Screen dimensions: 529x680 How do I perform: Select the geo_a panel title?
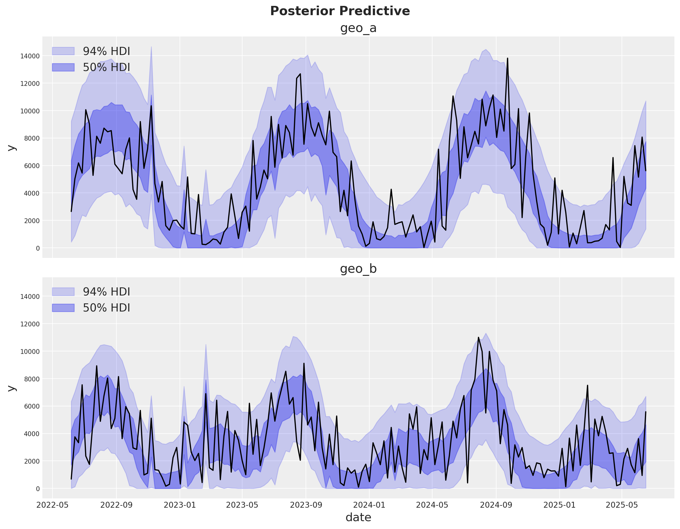[x=358, y=28]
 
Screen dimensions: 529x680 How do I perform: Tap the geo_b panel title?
[x=358, y=269]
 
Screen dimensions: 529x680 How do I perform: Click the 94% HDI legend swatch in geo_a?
[x=63, y=51]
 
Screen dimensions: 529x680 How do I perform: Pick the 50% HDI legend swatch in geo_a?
[x=63, y=67]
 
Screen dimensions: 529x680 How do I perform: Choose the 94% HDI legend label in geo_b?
[x=106, y=292]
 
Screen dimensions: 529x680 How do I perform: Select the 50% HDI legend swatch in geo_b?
[x=63, y=308]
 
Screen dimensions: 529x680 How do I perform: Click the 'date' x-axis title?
[x=358, y=517]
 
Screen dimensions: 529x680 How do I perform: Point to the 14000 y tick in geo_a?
[x=30, y=56]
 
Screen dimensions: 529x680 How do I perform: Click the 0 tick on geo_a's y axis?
[x=38, y=248]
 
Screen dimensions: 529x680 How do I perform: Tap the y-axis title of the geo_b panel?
[x=12, y=388]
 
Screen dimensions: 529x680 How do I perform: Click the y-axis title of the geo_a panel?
[x=12, y=148]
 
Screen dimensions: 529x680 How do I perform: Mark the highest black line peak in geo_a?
[x=507, y=58]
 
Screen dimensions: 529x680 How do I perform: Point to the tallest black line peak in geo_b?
[x=478, y=337]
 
